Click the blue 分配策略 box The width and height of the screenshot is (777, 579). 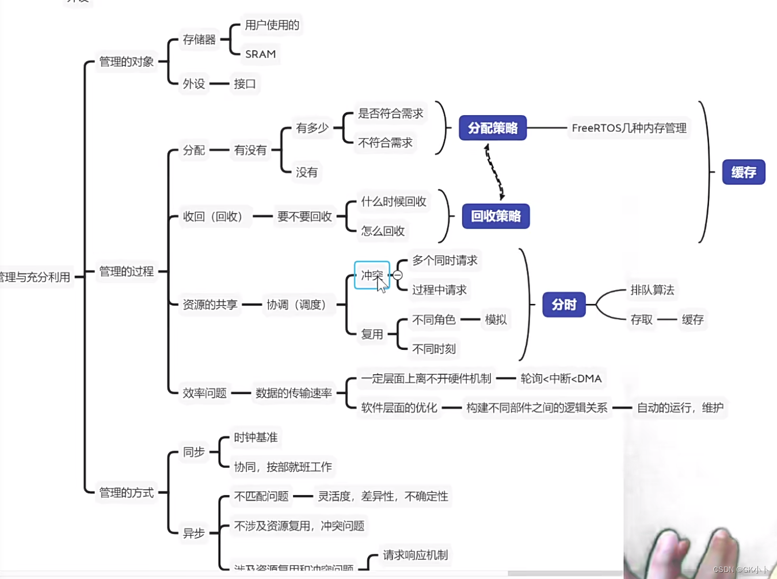coord(493,128)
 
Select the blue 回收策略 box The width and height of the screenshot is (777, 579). coord(496,216)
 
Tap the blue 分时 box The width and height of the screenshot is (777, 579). coord(563,304)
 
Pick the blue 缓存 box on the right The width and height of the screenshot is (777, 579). coord(743,172)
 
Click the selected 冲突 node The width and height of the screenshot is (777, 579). coord(371,275)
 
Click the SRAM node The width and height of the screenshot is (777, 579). coord(260,54)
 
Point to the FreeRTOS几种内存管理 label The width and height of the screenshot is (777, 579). coord(629,128)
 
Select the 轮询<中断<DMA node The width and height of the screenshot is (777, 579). coord(561,378)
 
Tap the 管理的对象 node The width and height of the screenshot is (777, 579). coord(126,62)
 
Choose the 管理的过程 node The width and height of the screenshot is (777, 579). coord(126,271)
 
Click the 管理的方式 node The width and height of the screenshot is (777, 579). coord(126,493)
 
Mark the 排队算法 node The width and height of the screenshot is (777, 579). coord(652,290)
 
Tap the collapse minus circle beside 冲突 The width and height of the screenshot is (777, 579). coord(398,275)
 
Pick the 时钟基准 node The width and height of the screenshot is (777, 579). coord(256,437)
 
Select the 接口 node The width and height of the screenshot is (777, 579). coord(245,83)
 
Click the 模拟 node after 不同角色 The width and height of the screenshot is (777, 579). coord(496,319)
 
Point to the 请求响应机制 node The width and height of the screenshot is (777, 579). coord(415,555)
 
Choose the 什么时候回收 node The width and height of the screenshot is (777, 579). coord(393,201)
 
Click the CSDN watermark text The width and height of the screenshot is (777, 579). coord(740,570)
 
